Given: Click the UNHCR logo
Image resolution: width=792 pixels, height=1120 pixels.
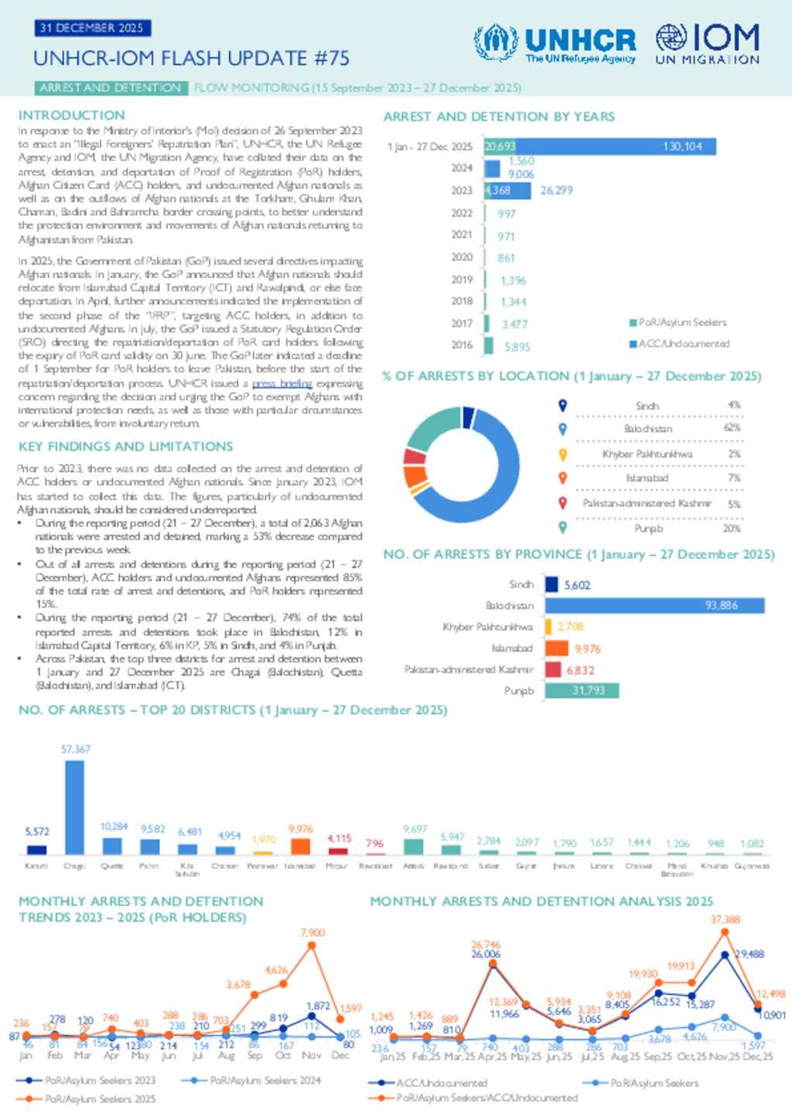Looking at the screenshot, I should coord(555,43).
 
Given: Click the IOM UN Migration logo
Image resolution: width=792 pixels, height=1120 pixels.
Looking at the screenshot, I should coord(707,43).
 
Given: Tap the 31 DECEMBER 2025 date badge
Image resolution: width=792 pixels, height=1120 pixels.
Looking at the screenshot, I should coord(92,28).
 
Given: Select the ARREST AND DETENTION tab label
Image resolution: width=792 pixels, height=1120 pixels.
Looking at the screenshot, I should coord(111,88).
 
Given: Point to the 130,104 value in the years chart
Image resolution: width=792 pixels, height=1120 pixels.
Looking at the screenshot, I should coord(682,146).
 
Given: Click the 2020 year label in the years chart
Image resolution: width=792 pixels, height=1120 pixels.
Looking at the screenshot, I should coord(462,257).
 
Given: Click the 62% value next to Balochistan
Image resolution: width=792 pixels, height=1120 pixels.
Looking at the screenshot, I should coord(732,428).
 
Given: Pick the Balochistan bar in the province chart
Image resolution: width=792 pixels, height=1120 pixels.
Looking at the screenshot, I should coord(654,605).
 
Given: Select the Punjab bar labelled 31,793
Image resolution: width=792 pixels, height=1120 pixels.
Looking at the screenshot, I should coord(582,690).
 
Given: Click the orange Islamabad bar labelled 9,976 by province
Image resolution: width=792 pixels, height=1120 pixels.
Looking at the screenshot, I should coord(557,649).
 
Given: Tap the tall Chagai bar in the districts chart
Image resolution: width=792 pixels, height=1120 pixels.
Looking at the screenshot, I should coord(74,807).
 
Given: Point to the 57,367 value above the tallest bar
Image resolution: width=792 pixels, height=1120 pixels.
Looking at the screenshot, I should coord(76,749).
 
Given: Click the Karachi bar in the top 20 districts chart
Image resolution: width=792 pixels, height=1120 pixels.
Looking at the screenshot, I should coord(36,849).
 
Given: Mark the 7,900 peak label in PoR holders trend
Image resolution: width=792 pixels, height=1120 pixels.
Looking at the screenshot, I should coord(312,933).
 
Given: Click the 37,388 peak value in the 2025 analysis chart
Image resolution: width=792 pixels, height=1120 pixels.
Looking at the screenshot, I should coord(725,920).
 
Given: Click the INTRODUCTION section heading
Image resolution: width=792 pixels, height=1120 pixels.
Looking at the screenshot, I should coord(71,115).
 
